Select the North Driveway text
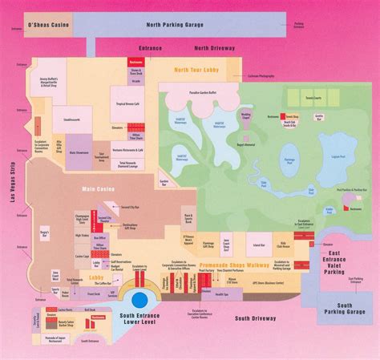click(213, 48)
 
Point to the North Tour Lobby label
click(196, 70)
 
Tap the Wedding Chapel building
click(223, 115)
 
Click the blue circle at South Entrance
click(139, 302)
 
